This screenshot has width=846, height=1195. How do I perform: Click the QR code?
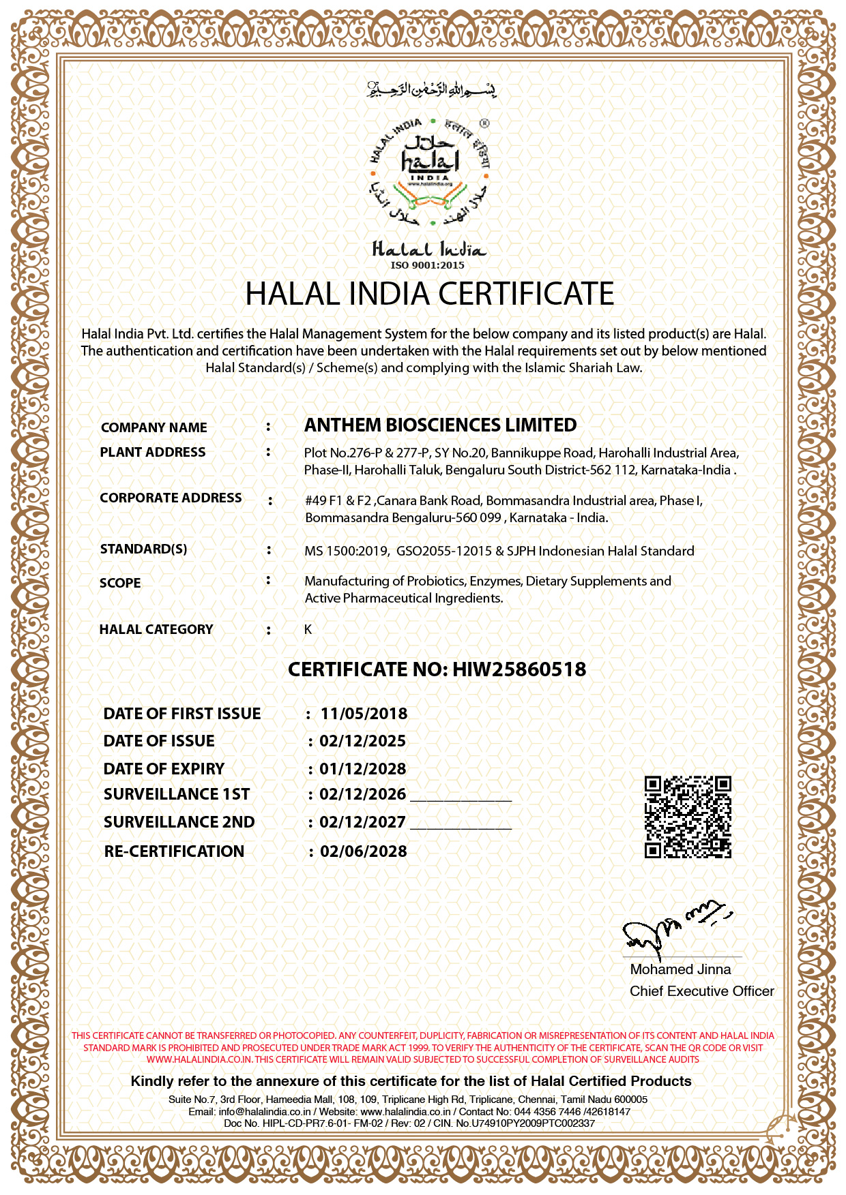[x=688, y=817]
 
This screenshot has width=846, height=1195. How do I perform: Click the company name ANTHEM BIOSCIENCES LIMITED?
[x=440, y=425]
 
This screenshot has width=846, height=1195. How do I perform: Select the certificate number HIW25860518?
[x=519, y=669]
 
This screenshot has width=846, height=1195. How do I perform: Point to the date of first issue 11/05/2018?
[x=364, y=714]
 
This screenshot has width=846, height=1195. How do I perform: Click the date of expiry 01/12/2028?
[x=362, y=769]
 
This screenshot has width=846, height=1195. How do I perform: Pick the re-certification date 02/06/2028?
[x=363, y=851]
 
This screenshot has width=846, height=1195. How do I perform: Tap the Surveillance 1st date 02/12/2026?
[x=362, y=794]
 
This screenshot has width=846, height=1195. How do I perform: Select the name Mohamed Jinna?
[x=680, y=969]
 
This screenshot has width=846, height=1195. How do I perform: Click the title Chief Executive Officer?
[x=701, y=991]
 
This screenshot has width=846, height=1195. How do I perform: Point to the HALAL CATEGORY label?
[x=156, y=629]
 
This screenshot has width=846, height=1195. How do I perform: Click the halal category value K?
[x=308, y=629]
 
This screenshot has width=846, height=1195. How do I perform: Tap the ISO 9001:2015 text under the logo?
[x=427, y=265]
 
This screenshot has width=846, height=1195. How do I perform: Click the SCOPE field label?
[x=120, y=583]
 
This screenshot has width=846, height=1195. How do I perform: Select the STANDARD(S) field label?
[x=143, y=549]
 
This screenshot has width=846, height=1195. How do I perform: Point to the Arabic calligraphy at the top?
[x=431, y=89]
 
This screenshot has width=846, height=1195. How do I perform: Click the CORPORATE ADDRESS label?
[x=171, y=498]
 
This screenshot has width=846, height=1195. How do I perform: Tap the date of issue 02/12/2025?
[x=362, y=741]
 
